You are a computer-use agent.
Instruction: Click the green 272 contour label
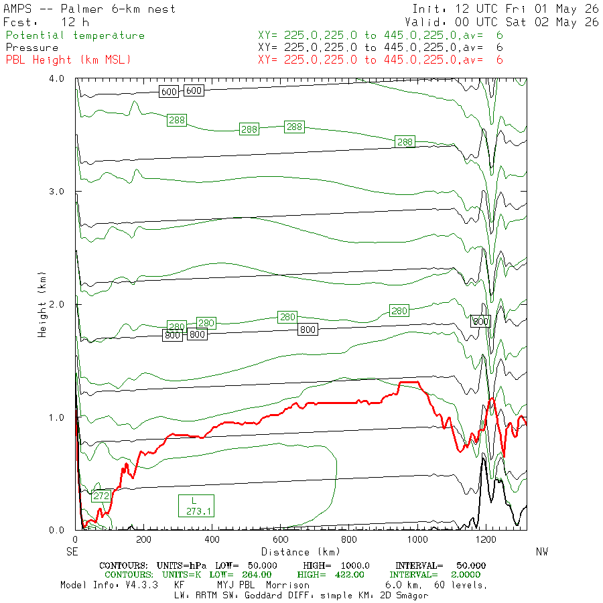[102, 496]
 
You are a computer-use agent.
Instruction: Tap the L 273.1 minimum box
[196, 506]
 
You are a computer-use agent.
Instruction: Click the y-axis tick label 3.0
[56, 192]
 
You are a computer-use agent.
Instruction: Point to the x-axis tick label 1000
[417, 539]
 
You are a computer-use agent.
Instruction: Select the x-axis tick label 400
[212, 539]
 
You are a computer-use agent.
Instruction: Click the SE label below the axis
[72, 552]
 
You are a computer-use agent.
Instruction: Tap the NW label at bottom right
[542, 552]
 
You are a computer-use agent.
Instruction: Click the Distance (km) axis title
[301, 552]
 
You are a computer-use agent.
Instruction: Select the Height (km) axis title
[42, 305]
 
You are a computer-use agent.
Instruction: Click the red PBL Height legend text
[68, 60]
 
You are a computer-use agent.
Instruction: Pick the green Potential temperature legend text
[75, 36]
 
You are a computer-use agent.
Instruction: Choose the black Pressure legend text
[32, 48]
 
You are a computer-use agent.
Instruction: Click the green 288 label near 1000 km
[405, 142]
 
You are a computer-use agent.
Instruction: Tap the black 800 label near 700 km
[308, 330]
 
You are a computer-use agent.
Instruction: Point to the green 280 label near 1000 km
[399, 311]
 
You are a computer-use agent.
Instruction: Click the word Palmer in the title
[82, 9]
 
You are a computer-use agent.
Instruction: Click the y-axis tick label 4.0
[56, 78]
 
